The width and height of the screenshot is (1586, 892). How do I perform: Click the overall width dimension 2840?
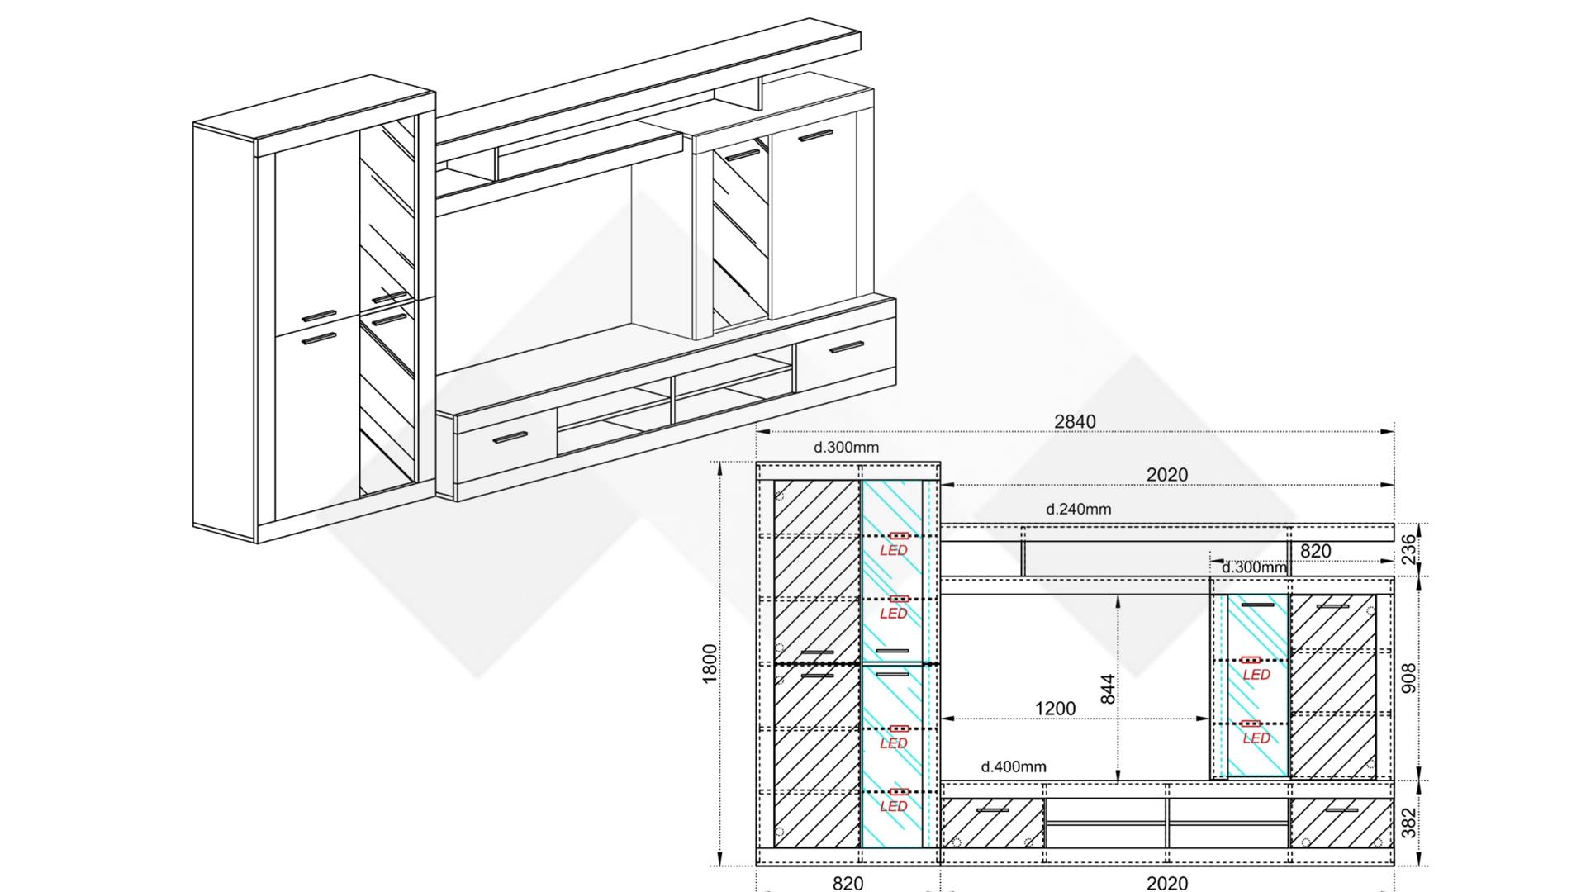click(x=1075, y=421)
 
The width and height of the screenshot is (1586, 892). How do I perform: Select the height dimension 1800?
click(x=710, y=664)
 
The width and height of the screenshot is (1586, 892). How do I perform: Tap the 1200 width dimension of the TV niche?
click(x=1056, y=709)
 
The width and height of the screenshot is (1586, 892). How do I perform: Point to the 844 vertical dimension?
click(x=1108, y=689)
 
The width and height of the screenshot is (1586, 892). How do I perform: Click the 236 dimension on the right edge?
click(x=1409, y=549)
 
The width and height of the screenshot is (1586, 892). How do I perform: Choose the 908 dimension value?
click(x=1409, y=677)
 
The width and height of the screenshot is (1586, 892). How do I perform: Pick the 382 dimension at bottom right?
click(x=1409, y=823)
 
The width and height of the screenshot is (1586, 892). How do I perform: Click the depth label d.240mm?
click(x=1079, y=509)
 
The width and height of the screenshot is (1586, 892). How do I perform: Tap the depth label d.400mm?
click(x=1014, y=766)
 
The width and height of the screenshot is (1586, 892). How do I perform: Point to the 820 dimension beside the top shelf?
click(x=1316, y=551)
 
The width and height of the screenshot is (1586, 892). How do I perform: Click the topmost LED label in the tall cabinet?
click(x=894, y=550)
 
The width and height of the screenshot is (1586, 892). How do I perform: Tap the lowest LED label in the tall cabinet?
click(x=894, y=806)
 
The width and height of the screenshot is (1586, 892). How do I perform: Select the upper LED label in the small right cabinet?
click(x=1256, y=675)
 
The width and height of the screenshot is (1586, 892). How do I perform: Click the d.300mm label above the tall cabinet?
click(x=847, y=448)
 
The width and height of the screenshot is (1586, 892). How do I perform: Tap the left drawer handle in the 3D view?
click(x=510, y=437)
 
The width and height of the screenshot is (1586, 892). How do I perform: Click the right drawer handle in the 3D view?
click(x=846, y=346)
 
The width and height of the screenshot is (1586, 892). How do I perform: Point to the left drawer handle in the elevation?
click(x=992, y=810)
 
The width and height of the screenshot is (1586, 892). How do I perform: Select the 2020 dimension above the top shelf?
click(x=1167, y=474)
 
